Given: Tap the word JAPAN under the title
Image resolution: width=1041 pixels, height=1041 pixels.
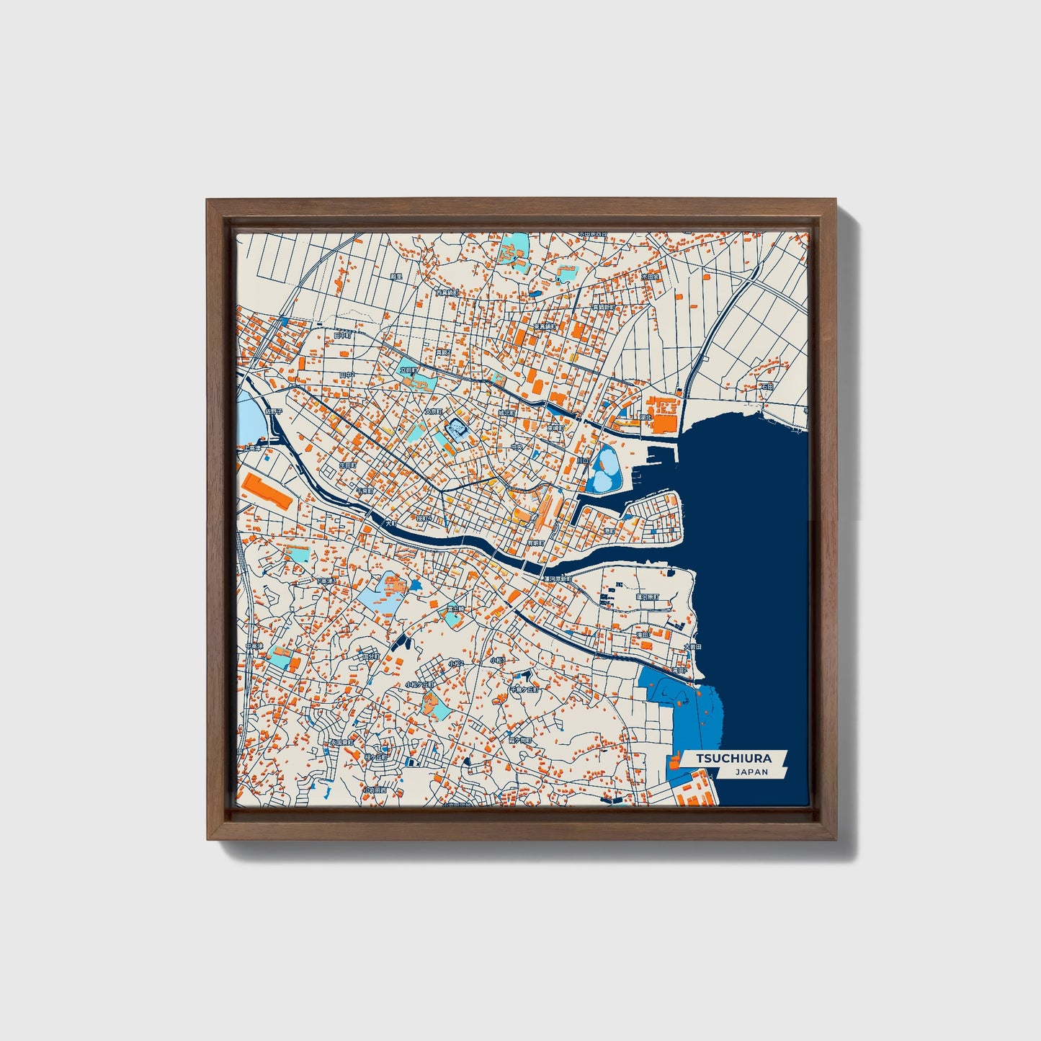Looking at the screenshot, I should [751, 772].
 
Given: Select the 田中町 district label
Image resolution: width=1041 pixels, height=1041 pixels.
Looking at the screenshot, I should [343, 335].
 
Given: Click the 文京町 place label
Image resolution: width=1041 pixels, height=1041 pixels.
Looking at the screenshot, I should [432, 411].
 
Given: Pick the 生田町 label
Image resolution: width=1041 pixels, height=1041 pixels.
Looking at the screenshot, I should [349, 466].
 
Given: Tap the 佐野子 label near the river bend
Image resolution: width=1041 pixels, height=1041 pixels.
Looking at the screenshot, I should [274, 411].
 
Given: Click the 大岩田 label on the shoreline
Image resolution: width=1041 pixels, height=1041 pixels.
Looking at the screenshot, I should [692, 646].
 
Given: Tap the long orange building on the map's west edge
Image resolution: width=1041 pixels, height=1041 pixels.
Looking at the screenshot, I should [267, 491].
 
